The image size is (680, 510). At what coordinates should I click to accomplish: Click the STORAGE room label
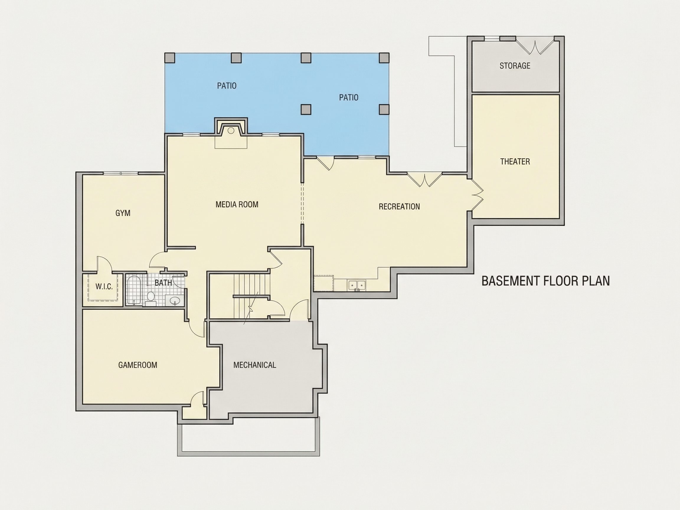pyautogui.click(x=515, y=66)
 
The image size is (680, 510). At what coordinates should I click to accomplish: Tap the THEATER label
pyautogui.click(x=515, y=162)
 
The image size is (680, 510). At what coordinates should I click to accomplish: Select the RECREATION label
pyautogui.click(x=399, y=207)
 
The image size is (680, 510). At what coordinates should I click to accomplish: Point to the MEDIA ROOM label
pyautogui.click(x=237, y=205)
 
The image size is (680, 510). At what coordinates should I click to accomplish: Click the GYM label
pyautogui.click(x=123, y=213)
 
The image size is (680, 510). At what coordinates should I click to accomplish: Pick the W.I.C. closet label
pyautogui.click(x=104, y=287)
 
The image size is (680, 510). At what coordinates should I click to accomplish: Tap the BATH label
pyautogui.click(x=163, y=283)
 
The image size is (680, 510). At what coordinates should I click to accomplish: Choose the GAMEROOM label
pyautogui.click(x=138, y=365)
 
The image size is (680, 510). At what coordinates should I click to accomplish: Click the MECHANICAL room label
pyautogui.click(x=254, y=365)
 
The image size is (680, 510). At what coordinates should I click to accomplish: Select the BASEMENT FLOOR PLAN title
pyautogui.click(x=545, y=281)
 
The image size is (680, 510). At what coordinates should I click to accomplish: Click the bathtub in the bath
pyautogui.click(x=134, y=290)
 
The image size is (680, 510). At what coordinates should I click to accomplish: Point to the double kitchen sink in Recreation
pyautogui.click(x=357, y=285)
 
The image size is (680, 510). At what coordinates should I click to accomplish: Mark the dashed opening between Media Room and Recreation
pyautogui.click(x=302, y=203)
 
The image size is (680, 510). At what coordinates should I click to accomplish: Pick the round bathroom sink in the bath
pyautogui.click(x=175, y=300)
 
